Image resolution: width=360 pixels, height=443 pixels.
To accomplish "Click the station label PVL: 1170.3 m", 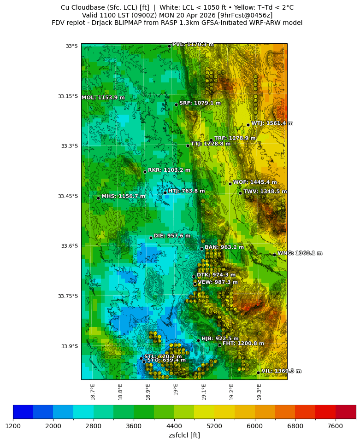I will pos(193,45).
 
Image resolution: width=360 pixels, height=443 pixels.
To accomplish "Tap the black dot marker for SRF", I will pos(176,105).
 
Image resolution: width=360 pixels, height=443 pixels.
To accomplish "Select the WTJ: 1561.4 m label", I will pos(272,123).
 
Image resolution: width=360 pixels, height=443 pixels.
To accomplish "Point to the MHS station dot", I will pos(98,198).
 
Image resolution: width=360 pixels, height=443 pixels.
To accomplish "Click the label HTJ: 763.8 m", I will pos(186,191).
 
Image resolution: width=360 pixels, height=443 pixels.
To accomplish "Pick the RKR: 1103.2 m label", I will pos(169,170).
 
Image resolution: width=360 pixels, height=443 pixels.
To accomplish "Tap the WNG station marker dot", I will pos(274,255).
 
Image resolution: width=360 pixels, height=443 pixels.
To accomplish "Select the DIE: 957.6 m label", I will pos(172,236).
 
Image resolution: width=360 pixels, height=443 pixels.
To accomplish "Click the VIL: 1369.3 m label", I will pos(281,371).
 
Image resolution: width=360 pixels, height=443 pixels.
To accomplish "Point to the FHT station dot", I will pos(219,345).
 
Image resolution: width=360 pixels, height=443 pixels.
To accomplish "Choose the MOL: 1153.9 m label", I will pos(103,98).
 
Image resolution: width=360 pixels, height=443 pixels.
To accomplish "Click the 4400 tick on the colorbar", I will pos(174,426).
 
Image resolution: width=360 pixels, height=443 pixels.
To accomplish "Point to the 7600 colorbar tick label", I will pos(335,426).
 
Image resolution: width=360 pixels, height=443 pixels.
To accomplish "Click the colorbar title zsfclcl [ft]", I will pos(184,435).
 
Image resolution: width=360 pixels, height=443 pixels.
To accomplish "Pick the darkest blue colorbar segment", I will pos(23,411).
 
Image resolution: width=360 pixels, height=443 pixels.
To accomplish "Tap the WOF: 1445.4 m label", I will pos(255,182).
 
